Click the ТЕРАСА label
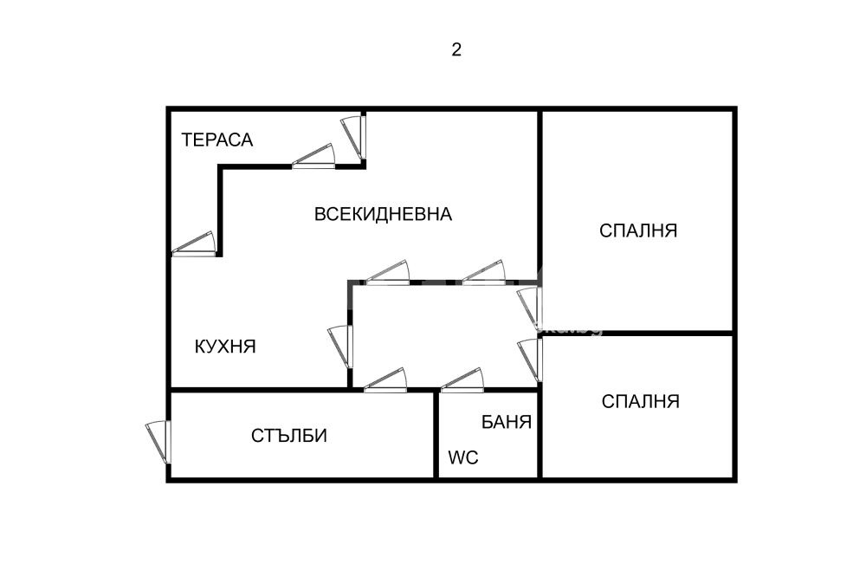216,139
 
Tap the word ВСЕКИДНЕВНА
383,214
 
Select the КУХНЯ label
225,347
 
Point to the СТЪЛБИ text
290,436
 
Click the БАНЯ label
507,423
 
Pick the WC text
463,457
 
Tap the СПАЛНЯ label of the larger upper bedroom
638,230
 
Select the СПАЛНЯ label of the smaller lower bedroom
641,401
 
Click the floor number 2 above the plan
456,49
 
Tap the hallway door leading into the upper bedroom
530,308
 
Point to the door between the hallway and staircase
385,382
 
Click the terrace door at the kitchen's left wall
193,246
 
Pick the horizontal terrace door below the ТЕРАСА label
313,157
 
